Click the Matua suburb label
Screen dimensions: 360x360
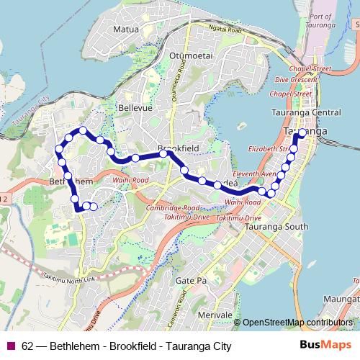(128, 30)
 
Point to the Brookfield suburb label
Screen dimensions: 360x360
(178, 147)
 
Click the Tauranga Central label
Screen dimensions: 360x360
(306, 113)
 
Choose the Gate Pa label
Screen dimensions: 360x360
(191, 279)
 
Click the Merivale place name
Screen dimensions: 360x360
(215, 315)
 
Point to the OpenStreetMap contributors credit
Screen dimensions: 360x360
(299, 322)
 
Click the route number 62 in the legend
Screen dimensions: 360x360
(27, 346)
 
